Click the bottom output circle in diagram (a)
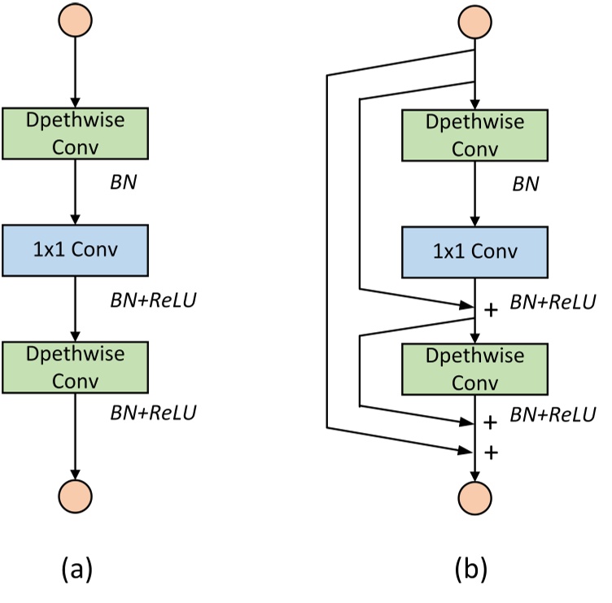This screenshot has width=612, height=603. point(75,494)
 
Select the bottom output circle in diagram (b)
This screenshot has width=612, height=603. point(474,494)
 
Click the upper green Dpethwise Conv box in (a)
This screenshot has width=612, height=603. point(75,134)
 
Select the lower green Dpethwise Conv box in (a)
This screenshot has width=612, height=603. point(75,367)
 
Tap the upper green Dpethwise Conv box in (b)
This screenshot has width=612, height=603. point(474,134)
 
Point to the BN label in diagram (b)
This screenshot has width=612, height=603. point(525,184)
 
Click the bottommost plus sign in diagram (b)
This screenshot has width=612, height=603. point(490,452)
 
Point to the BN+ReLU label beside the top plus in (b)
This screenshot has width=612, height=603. point(553,302)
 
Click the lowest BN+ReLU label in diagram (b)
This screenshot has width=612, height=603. point(553,415)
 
